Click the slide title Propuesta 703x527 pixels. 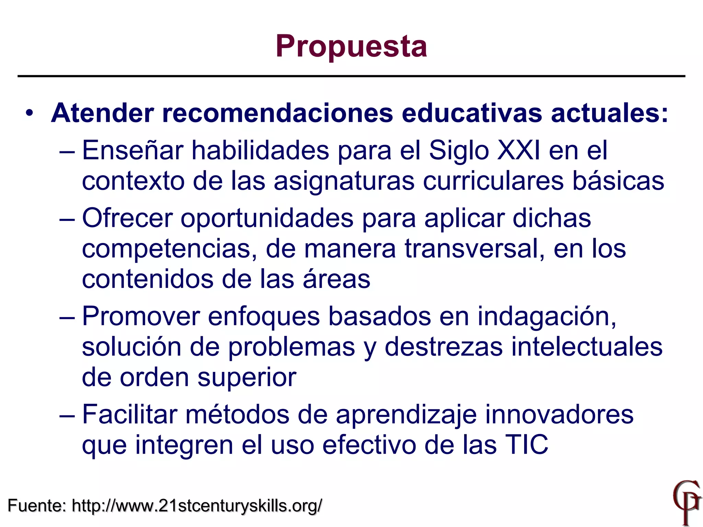351,47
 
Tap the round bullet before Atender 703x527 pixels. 30,113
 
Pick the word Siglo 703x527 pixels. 459,151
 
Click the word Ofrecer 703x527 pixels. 127,218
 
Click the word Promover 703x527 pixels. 141,316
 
